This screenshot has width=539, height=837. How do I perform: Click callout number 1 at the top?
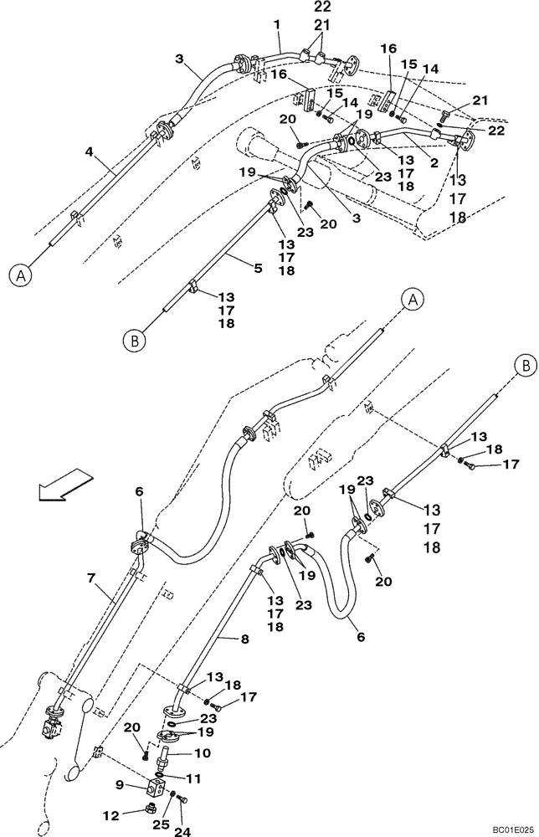(x=277, y=25)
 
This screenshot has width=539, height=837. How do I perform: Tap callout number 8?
(x=244, y=639)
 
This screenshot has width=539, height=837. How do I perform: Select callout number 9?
(x=121, y=785)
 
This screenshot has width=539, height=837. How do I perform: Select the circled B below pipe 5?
(x=133, y=340)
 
